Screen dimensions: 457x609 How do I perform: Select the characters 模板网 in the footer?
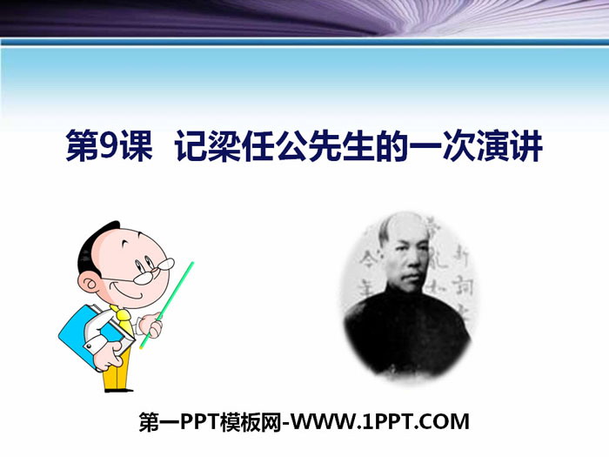point(246,424)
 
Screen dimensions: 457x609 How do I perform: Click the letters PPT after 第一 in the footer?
point(199,424)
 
